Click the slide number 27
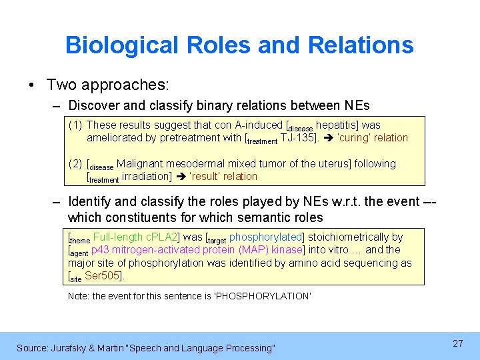point(457,343)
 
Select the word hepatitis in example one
point(338,125)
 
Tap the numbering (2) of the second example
point(75,163)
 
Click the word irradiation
point(145,177)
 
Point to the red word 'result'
point(206,177)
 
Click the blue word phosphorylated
point(266,237)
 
